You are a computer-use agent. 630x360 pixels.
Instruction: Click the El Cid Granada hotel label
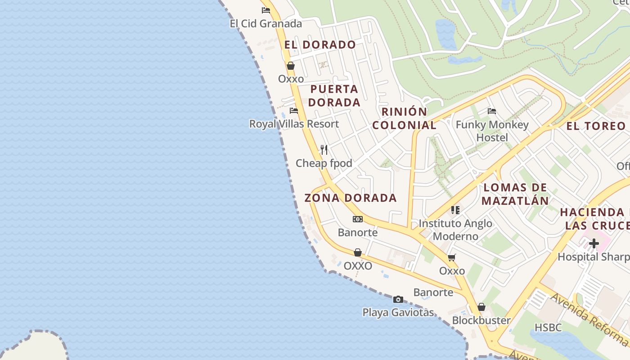pos(265,23)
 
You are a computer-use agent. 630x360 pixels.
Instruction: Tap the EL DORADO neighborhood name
pos(320,45)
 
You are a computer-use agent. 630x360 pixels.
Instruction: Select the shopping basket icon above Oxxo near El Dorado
pos(291,66)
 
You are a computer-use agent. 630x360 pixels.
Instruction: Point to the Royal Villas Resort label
pos(294,124)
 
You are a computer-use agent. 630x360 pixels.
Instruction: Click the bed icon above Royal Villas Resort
pos(294,110)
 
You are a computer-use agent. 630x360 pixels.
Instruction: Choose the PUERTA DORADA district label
pos(334,95)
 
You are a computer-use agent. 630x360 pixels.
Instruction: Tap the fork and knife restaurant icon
pos(324,149)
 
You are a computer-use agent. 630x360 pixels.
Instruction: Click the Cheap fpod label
pos(324,163)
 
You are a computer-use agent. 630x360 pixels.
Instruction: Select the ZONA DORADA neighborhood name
pos(351,198)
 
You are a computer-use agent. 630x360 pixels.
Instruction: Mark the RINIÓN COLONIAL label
pos(404,118)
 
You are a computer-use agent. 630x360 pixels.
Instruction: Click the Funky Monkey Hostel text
pos(492,130)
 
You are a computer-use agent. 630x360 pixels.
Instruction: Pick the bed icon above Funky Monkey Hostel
pos(492,111)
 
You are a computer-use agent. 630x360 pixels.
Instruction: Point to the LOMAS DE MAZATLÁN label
pos(515,194)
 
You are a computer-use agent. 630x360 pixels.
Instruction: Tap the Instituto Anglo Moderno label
pos(455,229)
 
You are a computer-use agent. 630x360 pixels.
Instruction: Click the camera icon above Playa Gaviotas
pos(398,299)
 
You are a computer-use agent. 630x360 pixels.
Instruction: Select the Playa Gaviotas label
pos(398,312)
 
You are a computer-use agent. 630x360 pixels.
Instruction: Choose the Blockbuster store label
pos(481,320)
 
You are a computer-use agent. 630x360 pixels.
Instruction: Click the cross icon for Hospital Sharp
pos(594,243)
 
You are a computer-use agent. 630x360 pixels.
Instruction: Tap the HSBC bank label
pos(548,327)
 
